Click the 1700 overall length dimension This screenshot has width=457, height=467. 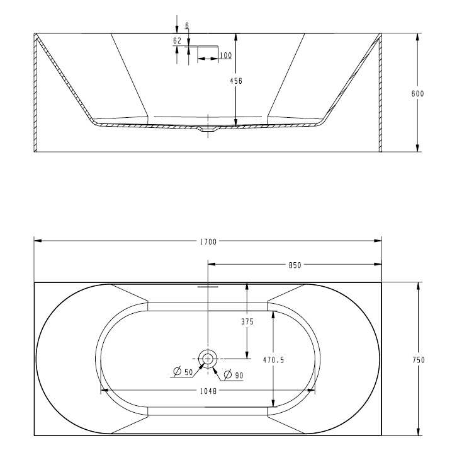point(208,241)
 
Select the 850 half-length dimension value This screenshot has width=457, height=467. point(295,265)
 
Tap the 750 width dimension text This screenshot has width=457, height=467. point(419,360)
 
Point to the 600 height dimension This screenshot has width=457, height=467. point(417,93)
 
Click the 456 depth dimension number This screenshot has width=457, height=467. point(236,81)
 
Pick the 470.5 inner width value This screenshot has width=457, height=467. point(273,360)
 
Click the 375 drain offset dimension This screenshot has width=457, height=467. point(247,321)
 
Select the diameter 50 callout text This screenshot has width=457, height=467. point(185,372)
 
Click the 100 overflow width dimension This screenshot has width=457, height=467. point(225,56)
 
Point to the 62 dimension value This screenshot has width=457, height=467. point(177,41)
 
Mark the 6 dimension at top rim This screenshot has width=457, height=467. point(188,25)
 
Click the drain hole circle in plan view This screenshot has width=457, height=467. point(207,359)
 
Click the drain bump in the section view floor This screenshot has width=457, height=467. point(207,130)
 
